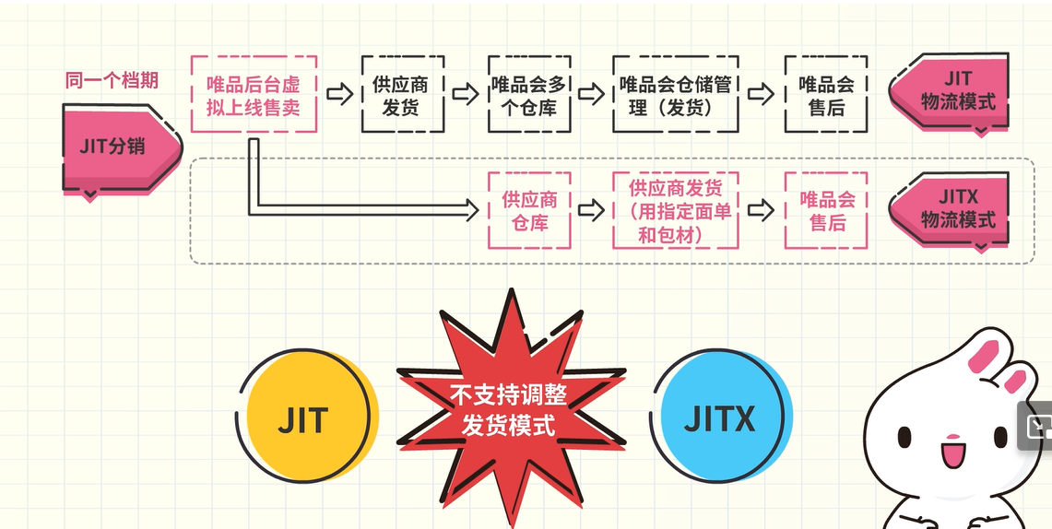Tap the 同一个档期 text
(112, 80)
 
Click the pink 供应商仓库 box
(528, 211)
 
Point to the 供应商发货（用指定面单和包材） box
(676, 211)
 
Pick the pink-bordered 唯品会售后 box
(825, 211)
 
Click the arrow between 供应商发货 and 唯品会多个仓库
(465, 94)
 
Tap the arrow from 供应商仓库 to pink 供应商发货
(589, 210)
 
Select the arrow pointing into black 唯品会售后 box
(760, 94)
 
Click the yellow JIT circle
(304, 420)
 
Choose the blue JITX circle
(720, 420)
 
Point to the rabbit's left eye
(905, 436)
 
